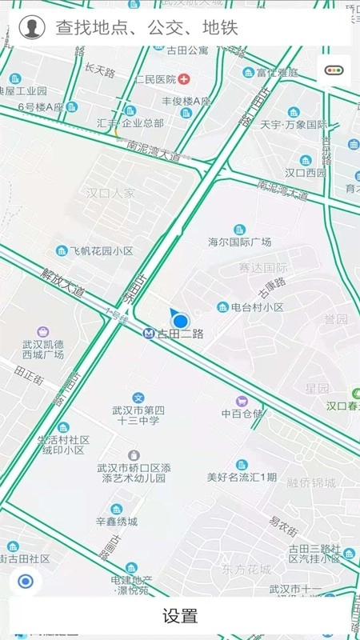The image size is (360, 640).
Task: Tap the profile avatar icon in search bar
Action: tap(31, 28)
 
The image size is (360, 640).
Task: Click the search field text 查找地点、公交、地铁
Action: tap(146, 29)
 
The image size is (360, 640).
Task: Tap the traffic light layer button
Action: tap(334, 70)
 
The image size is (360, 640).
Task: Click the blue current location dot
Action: tap(181, 320)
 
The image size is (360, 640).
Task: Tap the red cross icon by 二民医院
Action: tap(185, 79)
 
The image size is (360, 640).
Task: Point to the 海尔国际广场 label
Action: tap(240, 242)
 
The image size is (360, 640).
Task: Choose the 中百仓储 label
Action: tap(242, 414)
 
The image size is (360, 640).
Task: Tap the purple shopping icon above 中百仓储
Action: tap(242, 400)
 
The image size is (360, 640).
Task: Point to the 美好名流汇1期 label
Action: tap(242, 478)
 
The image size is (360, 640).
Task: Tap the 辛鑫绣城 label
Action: tap(117, 522)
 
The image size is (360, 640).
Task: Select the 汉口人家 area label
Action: tap(111, 193)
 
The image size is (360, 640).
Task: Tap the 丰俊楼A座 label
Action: tap(186, 102)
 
